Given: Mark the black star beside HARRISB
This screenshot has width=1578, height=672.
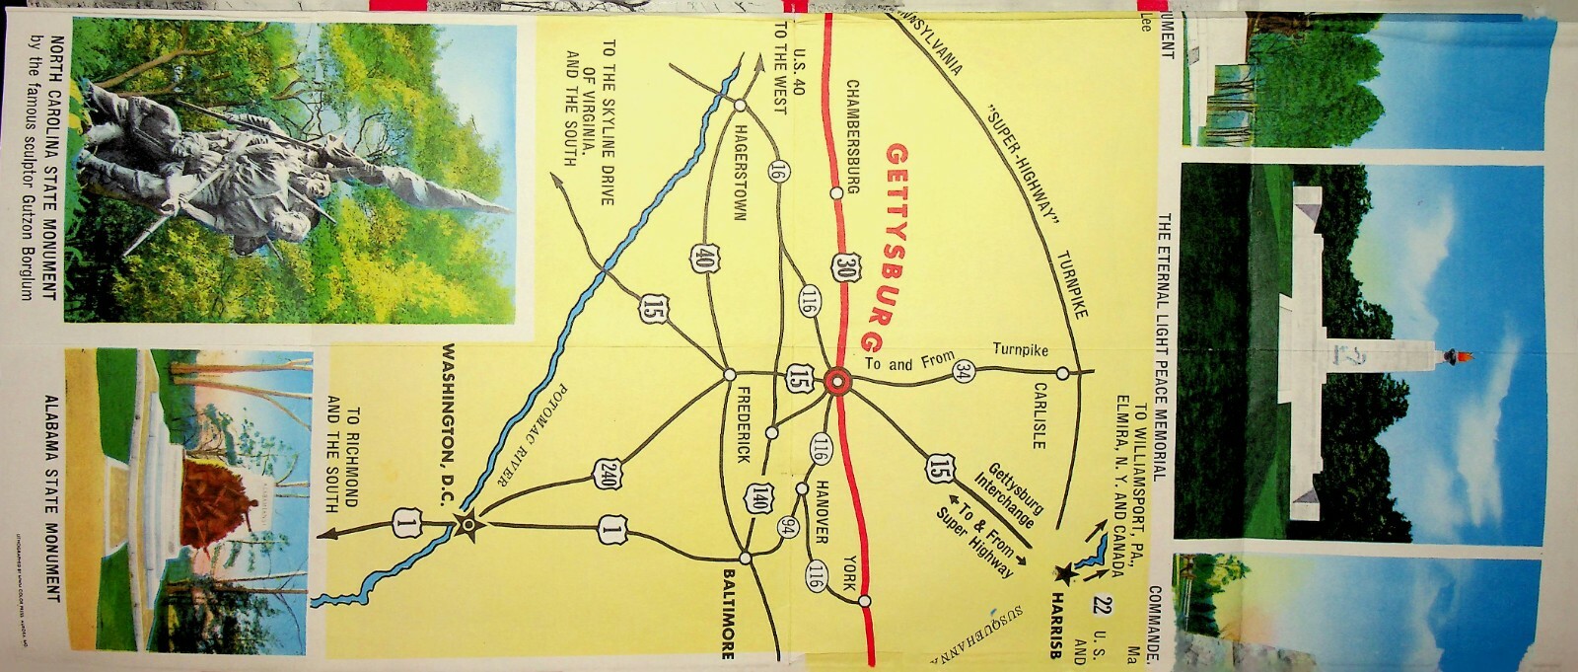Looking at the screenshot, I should click(1064, 571).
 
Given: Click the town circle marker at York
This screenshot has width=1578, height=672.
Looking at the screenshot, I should click(864, 600).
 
